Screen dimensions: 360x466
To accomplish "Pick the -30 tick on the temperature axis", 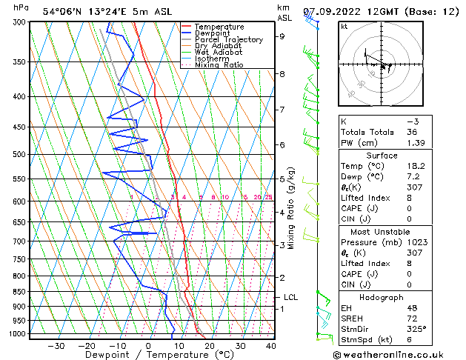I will click(x=55, y=346).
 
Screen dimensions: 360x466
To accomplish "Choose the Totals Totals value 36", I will click(x=412, y=131).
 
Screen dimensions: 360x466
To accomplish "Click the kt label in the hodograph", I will click(x=344, y=26).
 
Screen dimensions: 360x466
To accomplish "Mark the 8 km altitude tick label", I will click(x=282, y=74).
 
